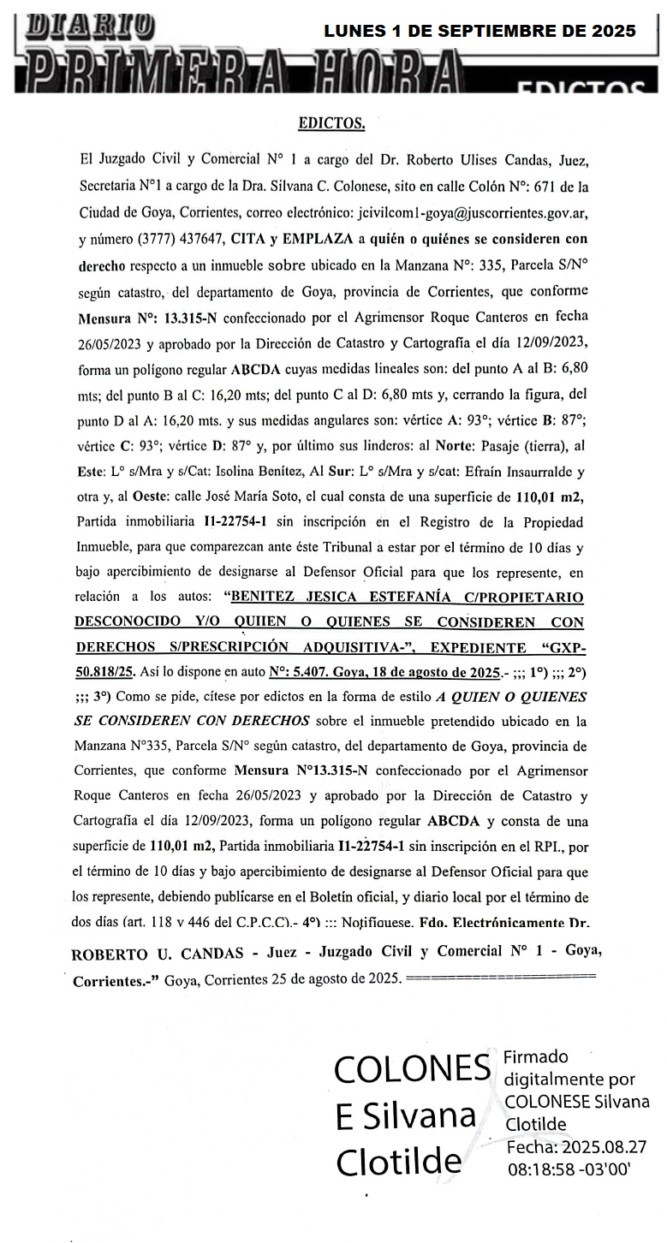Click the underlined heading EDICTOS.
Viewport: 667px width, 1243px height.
(331, 124)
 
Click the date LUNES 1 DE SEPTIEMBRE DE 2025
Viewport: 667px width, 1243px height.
(479, 32)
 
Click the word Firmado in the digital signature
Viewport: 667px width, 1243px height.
(536, 1056)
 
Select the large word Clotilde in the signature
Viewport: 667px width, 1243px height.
(398, 1163)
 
